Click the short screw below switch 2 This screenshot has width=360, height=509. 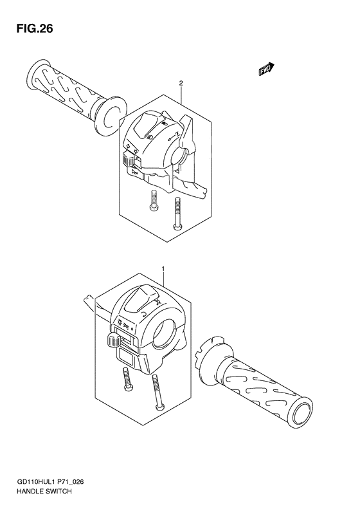point(153,201)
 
